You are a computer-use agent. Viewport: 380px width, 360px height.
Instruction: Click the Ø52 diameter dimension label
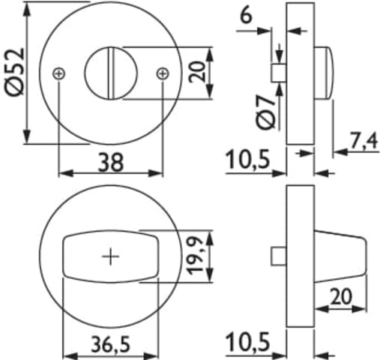tap(14, 72)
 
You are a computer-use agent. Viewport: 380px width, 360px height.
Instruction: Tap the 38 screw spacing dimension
tap(111, 163)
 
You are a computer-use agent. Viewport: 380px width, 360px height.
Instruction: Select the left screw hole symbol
tap(59, 73)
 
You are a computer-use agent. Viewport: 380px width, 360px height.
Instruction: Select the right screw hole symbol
tap(163, 73)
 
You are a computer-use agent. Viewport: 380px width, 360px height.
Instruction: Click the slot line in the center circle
tap(111, 73)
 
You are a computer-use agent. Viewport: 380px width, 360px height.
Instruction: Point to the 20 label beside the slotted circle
tap(196, 72)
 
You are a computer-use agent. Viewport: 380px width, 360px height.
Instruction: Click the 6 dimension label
tap(246, 16)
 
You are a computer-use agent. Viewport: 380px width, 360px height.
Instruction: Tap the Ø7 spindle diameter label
tap(266, 112)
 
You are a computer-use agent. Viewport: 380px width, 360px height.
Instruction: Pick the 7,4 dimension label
tap(364, 141)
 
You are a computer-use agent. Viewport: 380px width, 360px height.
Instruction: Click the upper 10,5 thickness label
tap(247, 159)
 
